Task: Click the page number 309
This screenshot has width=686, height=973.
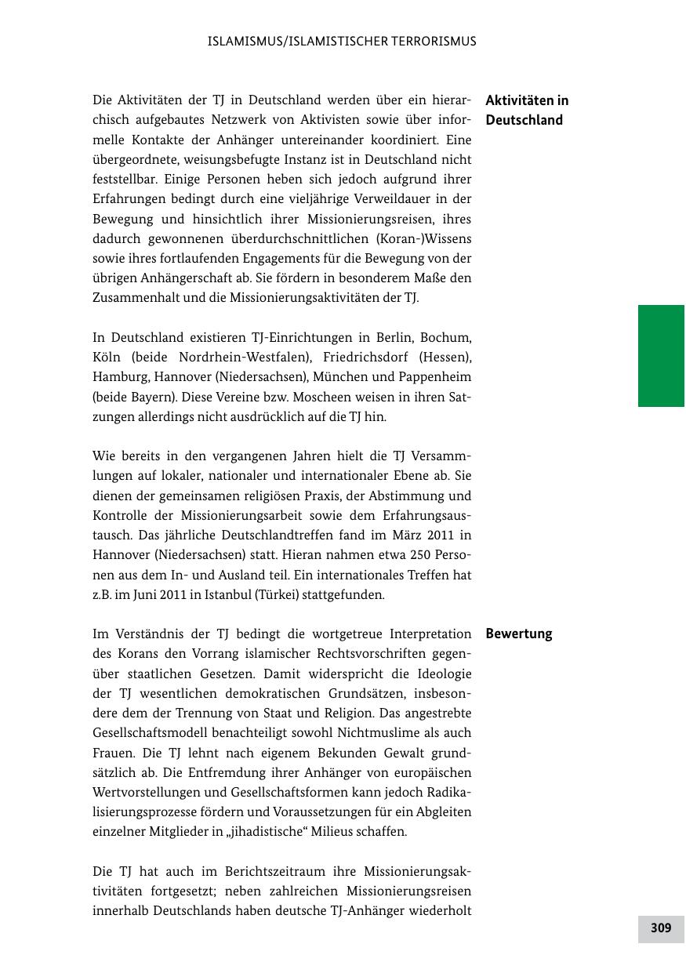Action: click(x=661, y=928)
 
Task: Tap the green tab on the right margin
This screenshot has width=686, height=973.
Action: click(x=661, y=356)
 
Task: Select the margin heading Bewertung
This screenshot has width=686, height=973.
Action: click(x=518, y=634)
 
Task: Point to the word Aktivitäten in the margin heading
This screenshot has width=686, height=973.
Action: click(x=519, y=100)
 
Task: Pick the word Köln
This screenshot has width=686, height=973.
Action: click(x=109, y=358)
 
